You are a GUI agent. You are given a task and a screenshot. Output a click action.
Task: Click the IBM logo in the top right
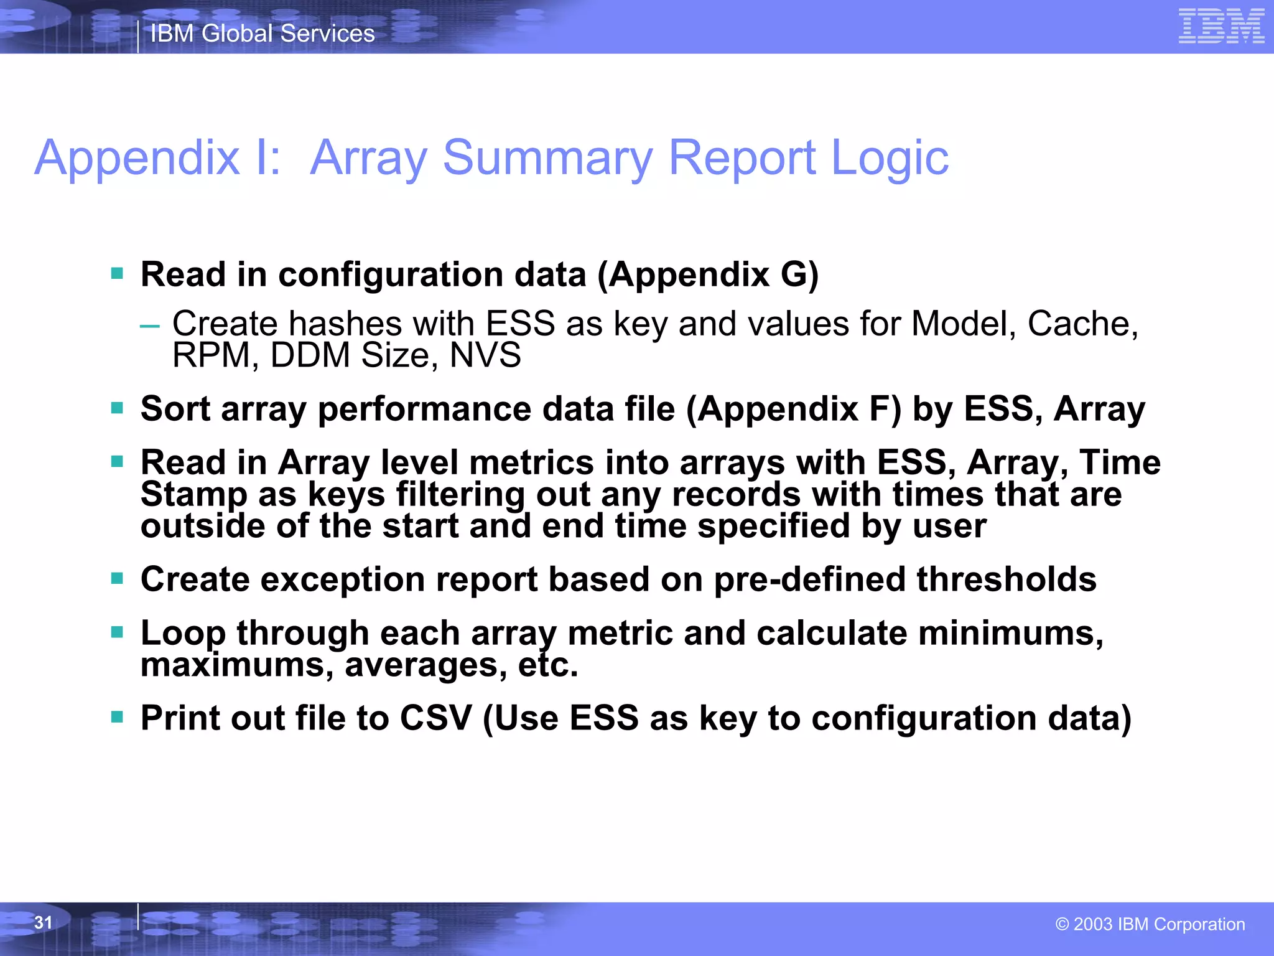[x=1221, y=27]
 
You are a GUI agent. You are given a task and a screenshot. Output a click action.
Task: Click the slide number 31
[x=43, y=922]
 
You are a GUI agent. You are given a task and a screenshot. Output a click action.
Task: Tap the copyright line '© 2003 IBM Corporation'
[x=1150, y=924]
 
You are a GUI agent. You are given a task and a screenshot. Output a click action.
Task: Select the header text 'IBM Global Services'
[x=263, y=34]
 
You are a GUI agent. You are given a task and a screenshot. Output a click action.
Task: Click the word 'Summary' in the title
[x=547, y=157]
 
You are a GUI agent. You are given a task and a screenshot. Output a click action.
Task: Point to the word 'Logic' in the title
[x=890, y=159]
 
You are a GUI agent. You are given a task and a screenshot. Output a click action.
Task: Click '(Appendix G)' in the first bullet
[x=708, y=274]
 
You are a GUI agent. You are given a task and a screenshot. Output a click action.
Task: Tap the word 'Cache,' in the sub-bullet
[x=1082, y=324]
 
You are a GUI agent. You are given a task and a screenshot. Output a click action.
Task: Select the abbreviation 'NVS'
[x=485, y=355]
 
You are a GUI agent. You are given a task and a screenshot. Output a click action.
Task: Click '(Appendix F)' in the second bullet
[x=794, y=409]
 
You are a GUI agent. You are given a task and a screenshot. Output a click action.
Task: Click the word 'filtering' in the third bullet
[x=460, y=495]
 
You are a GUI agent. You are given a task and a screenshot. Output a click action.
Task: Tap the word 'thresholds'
[x=1006, y=579]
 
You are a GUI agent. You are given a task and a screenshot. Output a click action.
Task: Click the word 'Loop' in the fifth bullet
[x=183, y=634]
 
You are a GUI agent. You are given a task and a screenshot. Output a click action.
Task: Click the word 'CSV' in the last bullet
[x=435, y=718]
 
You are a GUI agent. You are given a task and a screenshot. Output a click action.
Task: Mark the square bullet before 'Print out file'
[x=117, y=717]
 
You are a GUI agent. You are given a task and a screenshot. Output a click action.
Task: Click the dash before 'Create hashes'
[x=150, y=325]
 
